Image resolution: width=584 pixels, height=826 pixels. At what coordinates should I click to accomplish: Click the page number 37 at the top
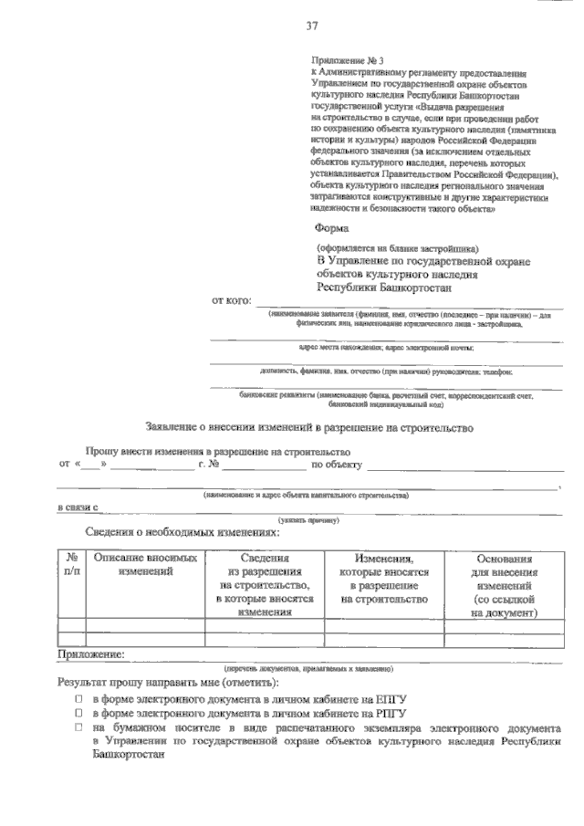311,25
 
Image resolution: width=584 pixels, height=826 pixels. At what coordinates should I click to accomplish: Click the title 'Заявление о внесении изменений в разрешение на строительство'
309,427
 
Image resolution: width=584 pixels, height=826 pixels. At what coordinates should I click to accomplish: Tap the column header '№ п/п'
71,564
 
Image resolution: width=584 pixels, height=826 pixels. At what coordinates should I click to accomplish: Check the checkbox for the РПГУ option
78,713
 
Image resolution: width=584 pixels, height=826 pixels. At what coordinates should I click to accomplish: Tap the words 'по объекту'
337,465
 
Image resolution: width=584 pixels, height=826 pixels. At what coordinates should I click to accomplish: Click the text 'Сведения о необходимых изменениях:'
182,532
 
